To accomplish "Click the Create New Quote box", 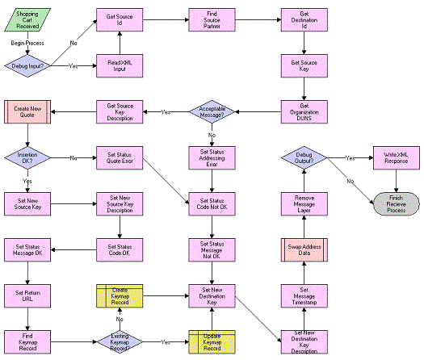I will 27,111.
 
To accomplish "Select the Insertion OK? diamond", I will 27,157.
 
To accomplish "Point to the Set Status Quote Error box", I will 120,157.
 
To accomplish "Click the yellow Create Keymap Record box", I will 120,295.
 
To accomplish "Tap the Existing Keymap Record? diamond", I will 120,341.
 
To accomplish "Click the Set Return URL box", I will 27,295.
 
